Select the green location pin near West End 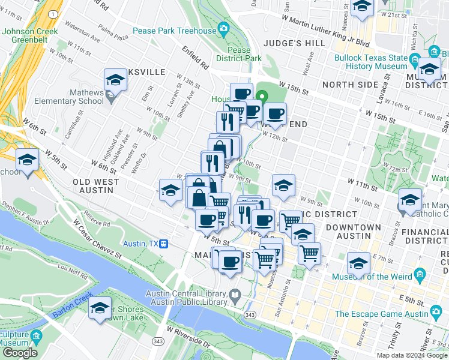(262, 96)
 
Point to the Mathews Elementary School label (69, 97)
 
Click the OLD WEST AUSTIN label (93, 185)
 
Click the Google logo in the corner (19, 353)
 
